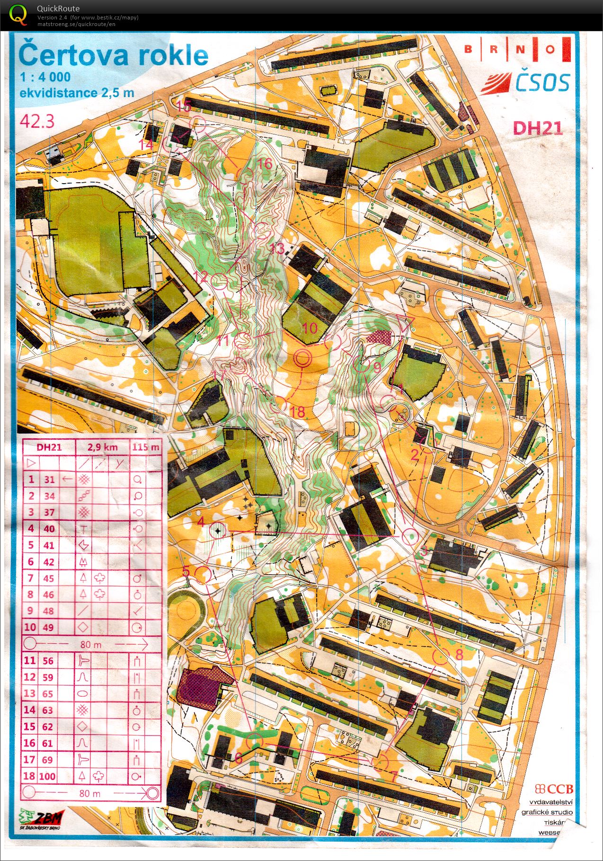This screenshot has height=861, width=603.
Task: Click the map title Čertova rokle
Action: point(113,55)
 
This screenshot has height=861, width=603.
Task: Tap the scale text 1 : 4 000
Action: point(45,77)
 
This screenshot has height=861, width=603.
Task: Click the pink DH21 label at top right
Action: point(538,128)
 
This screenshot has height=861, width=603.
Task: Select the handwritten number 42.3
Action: point(37,121)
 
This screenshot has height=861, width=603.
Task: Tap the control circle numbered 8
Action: point(441,657)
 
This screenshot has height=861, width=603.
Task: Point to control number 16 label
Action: point(265,163)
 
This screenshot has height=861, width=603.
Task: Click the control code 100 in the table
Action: point(47,776)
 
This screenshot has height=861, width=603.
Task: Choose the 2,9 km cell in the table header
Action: point(102,447)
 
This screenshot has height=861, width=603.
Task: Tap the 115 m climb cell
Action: point(146,447)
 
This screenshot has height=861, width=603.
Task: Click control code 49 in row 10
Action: point(48,627)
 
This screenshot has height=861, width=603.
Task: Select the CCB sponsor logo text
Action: point(554,789)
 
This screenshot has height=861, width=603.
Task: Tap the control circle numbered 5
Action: point(204,575)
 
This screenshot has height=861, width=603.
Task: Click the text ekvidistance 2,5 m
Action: point(77,93)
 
